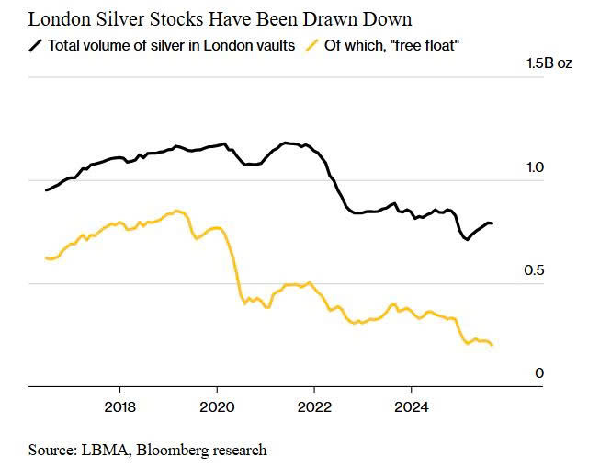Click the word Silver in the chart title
[114, 19]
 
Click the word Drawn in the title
[346, 19]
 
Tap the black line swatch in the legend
[36, 45]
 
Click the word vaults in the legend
[272, 45]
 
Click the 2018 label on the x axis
[120, 406]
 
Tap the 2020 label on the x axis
[217, 406]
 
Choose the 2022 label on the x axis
[314, 406]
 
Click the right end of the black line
[492, 223]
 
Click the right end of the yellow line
[492, 345]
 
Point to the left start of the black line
[45, 190]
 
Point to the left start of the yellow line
[45, 258]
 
